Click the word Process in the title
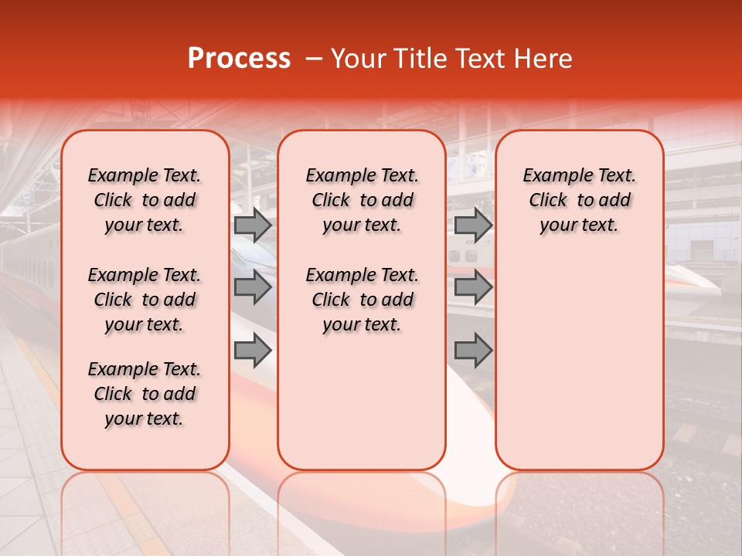pos(239,59)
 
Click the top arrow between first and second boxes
pos(253,225)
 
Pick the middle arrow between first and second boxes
pos(253,287)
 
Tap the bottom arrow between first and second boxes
pos(253,350)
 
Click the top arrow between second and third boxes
pos(473,225)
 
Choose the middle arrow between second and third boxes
pos(473,287)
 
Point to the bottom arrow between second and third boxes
pos(473,350)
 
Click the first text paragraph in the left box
pos(145,201)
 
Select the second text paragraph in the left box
pos(145,300)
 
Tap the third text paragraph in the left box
pos(145,394)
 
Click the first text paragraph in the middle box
pos(362,201)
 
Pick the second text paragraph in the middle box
pos(362,300)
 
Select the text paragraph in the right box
pos(579,201)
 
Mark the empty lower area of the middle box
pos(362,402)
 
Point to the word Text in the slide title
pos(472,59)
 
